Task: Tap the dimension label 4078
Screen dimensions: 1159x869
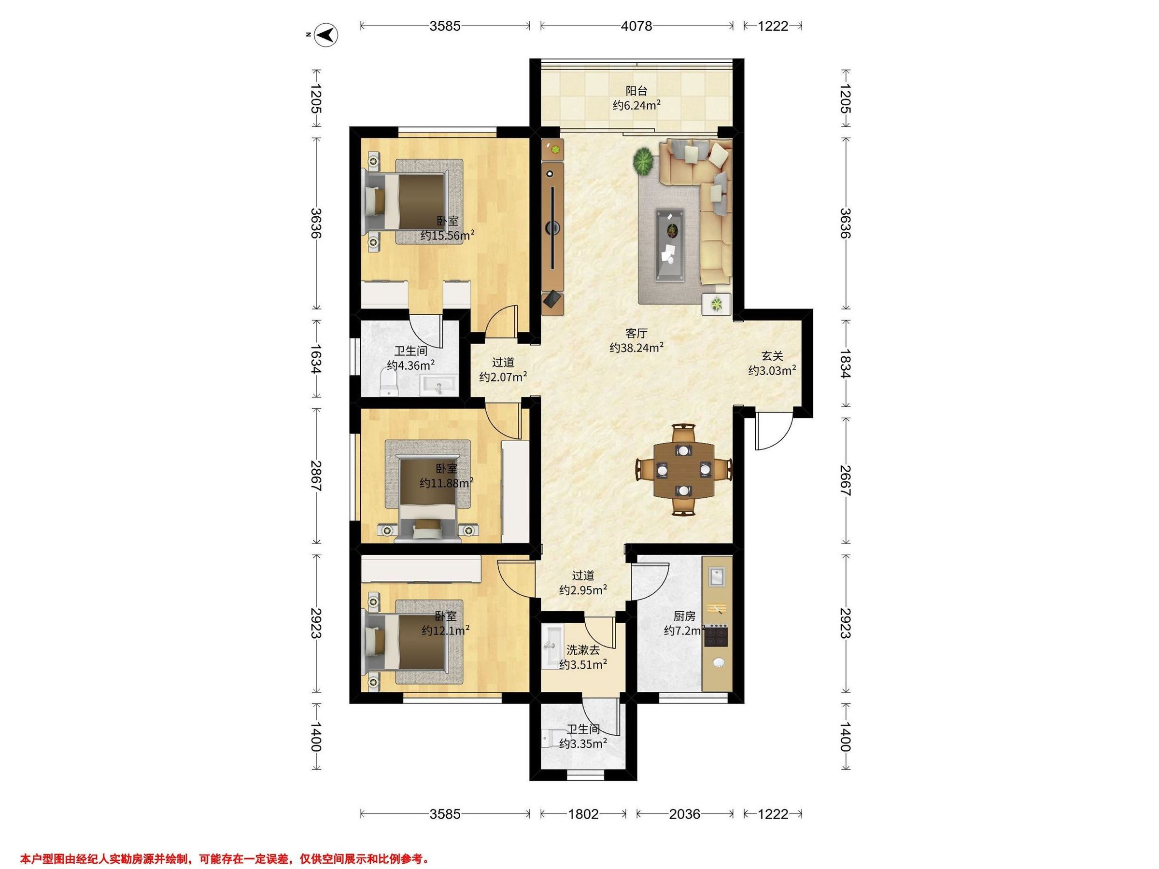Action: [636, 26]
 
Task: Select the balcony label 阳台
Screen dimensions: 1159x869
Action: [636, 91]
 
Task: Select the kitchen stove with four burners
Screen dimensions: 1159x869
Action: [716, 636]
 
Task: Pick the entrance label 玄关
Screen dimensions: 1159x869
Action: [772, 356]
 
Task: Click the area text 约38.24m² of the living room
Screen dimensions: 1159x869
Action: [636, 347]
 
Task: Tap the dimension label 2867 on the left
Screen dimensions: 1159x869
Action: [316, 476]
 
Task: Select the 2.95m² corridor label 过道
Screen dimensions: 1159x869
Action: [583, 575]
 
